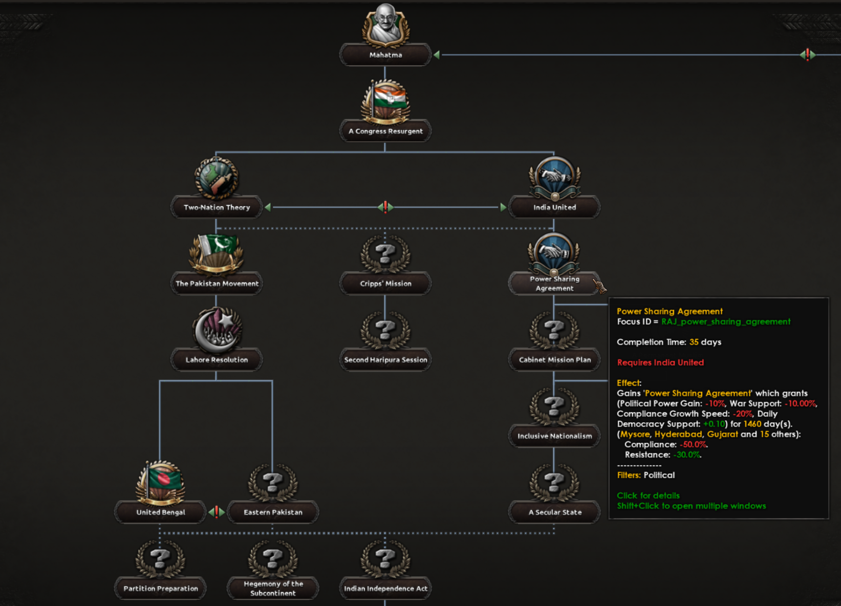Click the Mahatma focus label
click(385, 55)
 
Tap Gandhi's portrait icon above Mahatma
click(385, 25)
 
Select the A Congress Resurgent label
click(385, 131)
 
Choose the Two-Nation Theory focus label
click(217, 207)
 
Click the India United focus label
click(554, 207)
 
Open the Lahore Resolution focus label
click(217, 360)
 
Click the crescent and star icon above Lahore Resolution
click(217, 329)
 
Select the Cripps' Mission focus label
click(385, 284)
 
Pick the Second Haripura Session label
click(385, 360)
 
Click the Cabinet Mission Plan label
click(554, 360)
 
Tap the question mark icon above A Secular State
click(554, 482)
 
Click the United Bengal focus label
click(160, 512)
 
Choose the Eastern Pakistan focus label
click(273, 512)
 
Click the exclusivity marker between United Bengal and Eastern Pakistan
click(217, 512)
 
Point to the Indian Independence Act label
click(385, 589)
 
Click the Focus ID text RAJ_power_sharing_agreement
click(726, 321)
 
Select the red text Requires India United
click(660, 362)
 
